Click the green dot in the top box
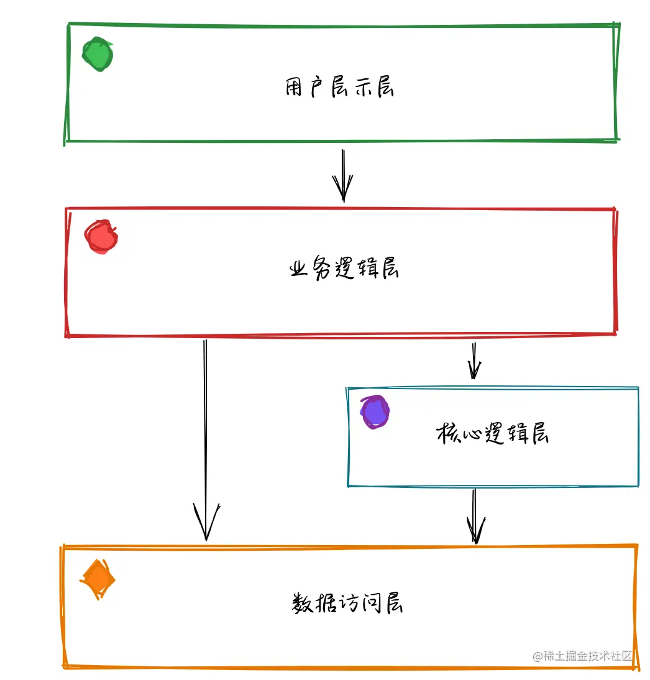pyautogui.click(x=98, y=54)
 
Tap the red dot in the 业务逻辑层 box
pyautogui.click(x=101, y=237)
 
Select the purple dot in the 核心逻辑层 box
pyautogui.click(x=375, y=411)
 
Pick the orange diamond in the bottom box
pyautogui.click(x=98, y=579)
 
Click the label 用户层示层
pyautogui.click(x=340, y=88)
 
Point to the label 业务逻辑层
pyautogui.click(x=344, y=269)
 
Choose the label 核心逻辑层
pyautogui.click(x=492, y=433)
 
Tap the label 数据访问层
pyautogui.click(x=347, y=602)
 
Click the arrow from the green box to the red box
pyautogui.click(x=342, y=175)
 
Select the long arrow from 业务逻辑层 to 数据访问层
pyautogui.click(x=205, y=435)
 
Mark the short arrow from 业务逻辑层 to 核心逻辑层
pyautogui.click(x=474, y=361)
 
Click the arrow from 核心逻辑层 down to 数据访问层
pyautogui.click(x=475, y=516)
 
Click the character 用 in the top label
pyautogui.click(x=295, y=88)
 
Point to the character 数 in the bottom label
pyautogui.click(x=302, y=603)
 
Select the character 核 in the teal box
pyautogui.click(x=447, y=433)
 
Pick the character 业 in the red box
pyautogui.click(x=300, y=269)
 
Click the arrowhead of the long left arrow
pyautogui.click(x=206, y=525)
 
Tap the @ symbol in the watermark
pyautogui.click(x=536, y=656)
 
